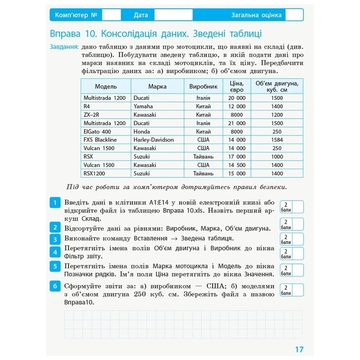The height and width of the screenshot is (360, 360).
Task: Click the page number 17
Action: click(x=299, y=349)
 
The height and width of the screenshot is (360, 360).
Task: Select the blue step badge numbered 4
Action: click(x=54, y=252)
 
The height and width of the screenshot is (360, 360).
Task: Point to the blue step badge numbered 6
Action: click(x=54, y=286)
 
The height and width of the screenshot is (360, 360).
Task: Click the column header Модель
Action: click(x=106, y=86)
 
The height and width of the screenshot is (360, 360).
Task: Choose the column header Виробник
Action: click(x=203, y=86)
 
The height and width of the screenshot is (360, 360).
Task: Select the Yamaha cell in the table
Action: click(x=143, y=106)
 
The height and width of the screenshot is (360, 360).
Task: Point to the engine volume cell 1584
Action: click(x=277, y=139)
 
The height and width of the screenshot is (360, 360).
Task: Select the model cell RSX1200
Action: click(x=94, y=173)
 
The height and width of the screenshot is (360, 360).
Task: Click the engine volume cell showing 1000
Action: click(x=277, y=157)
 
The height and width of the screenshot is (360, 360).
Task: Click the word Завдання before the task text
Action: click(x=64, y=48)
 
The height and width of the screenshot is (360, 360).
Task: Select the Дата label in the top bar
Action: click(x=141, y=15)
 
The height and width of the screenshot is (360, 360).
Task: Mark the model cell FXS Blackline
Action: click(x=100, y=139)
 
